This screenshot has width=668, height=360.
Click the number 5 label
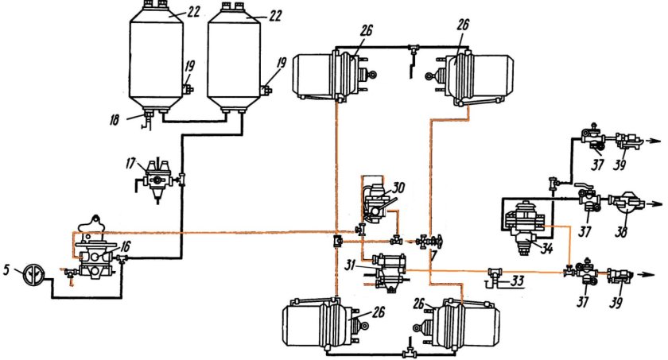[x=6, y=269]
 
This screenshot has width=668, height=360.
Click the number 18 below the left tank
[x=114, y=120]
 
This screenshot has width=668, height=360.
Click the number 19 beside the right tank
[x=282, y=63]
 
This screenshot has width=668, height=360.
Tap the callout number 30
[x=398, y=188]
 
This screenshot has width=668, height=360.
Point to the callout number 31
[x=350, y=265]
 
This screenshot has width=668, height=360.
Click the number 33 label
[x=517, y=281]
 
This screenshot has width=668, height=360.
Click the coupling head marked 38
[x=623, y=203]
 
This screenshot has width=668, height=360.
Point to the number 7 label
[x=433, y=255]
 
